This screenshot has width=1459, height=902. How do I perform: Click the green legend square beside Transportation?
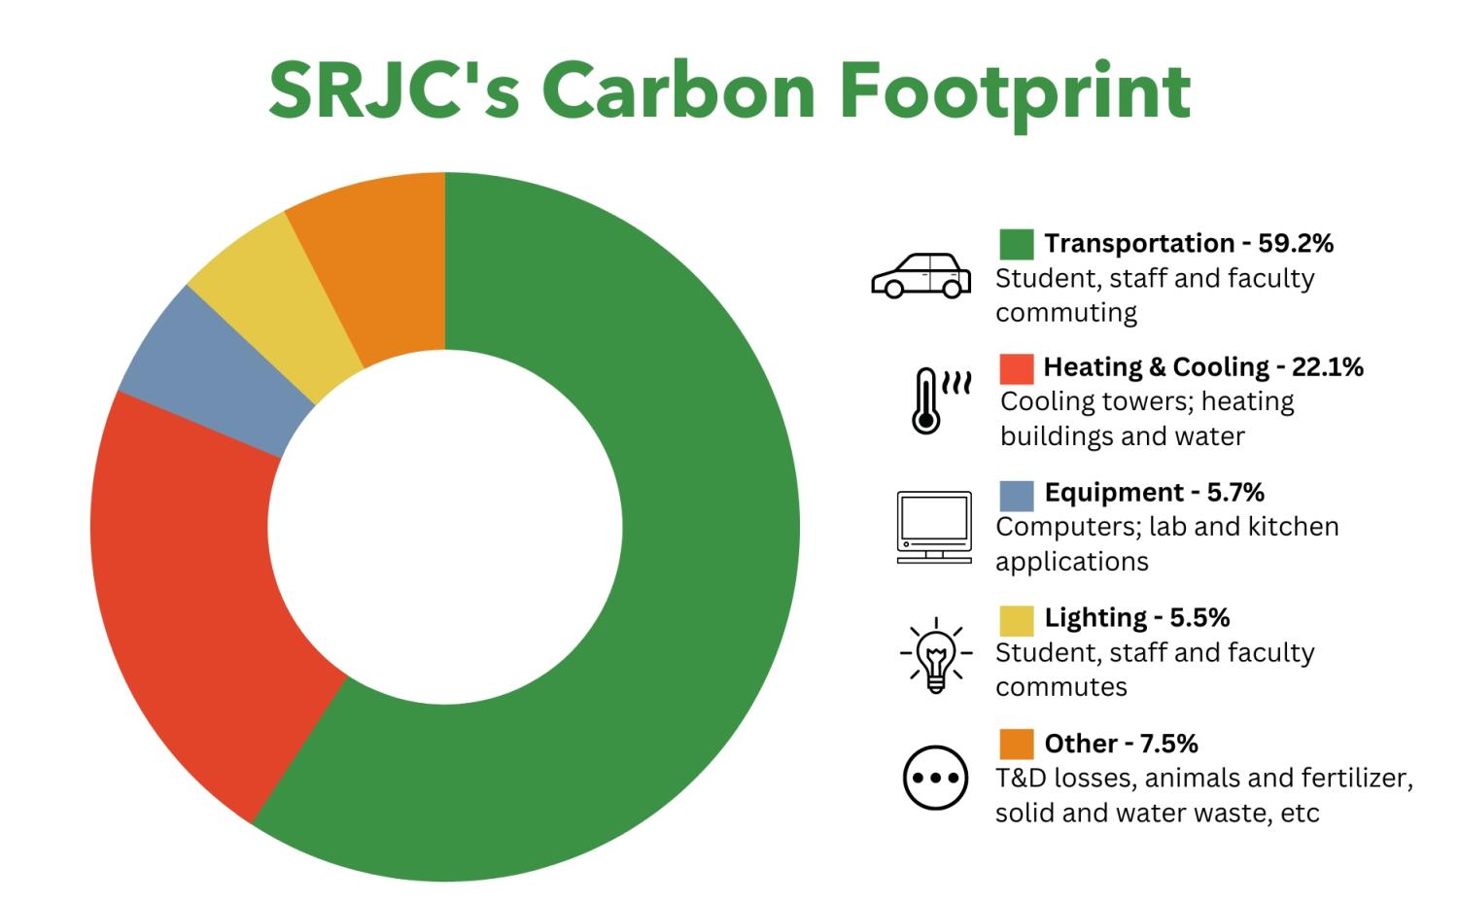(x=1016, y=244)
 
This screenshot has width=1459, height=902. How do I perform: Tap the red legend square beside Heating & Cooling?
(x=1016, y=368)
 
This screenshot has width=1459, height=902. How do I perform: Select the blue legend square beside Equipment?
(x=1016, y=496)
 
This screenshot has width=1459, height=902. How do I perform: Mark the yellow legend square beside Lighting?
(x=1016, y=621)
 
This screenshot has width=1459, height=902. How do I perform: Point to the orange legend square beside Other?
(x=1016, y=745)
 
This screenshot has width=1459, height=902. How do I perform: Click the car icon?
(x=921, y=276)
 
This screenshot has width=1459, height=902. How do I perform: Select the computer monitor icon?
(x=934, y=527)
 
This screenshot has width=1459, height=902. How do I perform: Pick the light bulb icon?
(x=936, y=654)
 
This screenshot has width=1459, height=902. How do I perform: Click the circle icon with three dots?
(x=935, y=778)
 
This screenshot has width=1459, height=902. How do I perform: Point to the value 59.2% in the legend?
(x=1296, y=244)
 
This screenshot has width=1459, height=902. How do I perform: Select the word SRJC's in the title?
(x=394, y=89)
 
